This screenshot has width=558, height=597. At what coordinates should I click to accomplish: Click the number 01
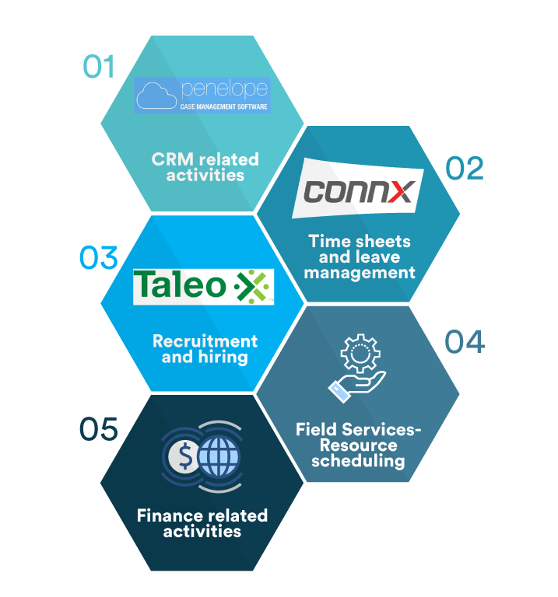pyautogui.click(x=99, y=66)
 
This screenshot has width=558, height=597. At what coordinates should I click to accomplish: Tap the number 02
pyautogui.click(x=465, y=168)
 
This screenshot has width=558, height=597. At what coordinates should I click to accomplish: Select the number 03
pyautogui.click(x=99, y=258)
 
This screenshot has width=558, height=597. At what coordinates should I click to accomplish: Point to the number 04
pyautogui.click(x=465, y=341)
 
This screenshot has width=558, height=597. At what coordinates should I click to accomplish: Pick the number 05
pyautogui.click(x=99, y=429)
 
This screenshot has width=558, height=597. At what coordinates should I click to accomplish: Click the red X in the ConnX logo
pyautogui.click(x=400, y=191)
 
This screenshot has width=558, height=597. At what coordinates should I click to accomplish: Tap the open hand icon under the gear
pyautogui.click(x=357, y=385)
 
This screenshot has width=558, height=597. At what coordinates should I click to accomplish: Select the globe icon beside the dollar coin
pyautogui.click(x=219, y=456)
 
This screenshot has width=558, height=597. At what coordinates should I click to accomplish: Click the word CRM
pyautogui.click(x=169, y=159)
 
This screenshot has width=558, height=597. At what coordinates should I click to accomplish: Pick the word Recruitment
pyautogui.click(x=205, y=341)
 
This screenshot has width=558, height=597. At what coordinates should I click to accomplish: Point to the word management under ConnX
pyautogui.click(x=360, y=273)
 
